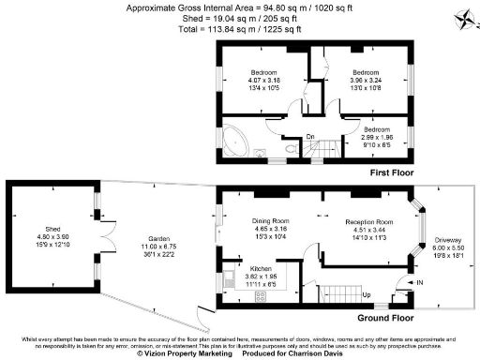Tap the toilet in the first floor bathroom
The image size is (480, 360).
click(286, 147)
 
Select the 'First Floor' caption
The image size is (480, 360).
click(387, 174)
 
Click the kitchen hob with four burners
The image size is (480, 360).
click(261, 297)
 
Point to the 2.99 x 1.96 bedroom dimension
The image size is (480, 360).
click(383, 138)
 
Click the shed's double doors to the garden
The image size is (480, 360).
click(108, 231)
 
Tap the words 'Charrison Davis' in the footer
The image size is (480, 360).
click(317, 353)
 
